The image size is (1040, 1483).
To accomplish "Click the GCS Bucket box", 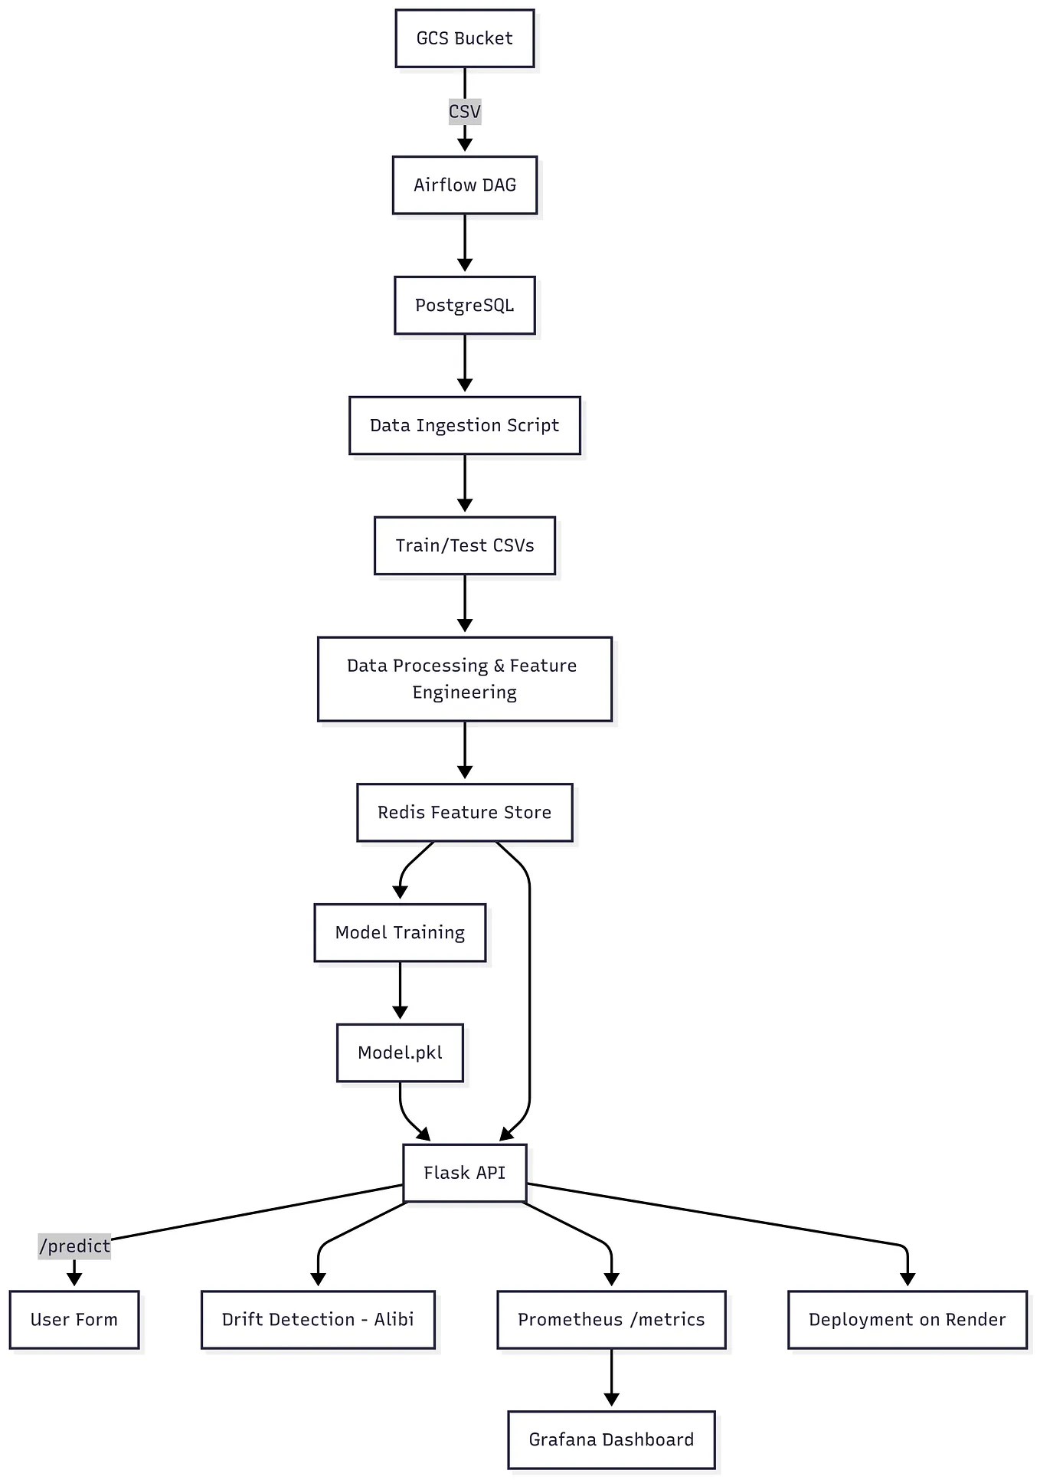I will (464, 38).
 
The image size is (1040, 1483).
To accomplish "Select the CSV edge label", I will (464, 112).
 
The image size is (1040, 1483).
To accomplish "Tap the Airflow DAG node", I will (464, 185).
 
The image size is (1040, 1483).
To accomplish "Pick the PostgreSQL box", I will (464, 306).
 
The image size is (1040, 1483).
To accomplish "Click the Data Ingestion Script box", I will (464, 425).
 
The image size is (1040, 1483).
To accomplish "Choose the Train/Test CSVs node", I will (464, 545).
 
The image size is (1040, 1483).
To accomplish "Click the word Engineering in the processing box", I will (464, 692).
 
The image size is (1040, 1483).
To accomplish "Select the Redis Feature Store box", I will (464, 812).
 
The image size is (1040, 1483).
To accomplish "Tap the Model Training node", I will (400, 932).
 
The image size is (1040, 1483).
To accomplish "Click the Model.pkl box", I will (400, 1053).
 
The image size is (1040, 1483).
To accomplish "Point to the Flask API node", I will (464, 1173).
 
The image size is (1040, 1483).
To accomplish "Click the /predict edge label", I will (74, 1246).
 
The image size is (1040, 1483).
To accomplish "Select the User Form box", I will (74, 1319).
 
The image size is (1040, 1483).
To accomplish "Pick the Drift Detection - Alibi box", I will (318, 1319).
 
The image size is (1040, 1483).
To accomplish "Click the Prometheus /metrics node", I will (611, 1319).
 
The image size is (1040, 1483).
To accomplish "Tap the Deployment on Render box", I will (907, 1319).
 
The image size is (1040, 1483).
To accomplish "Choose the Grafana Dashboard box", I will (611, 1439).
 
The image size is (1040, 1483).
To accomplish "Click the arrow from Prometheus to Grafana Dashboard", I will (611, 1376).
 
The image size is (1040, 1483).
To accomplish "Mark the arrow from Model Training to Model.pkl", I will (400, 990).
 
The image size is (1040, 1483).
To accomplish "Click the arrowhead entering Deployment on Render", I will (908, 1279).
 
